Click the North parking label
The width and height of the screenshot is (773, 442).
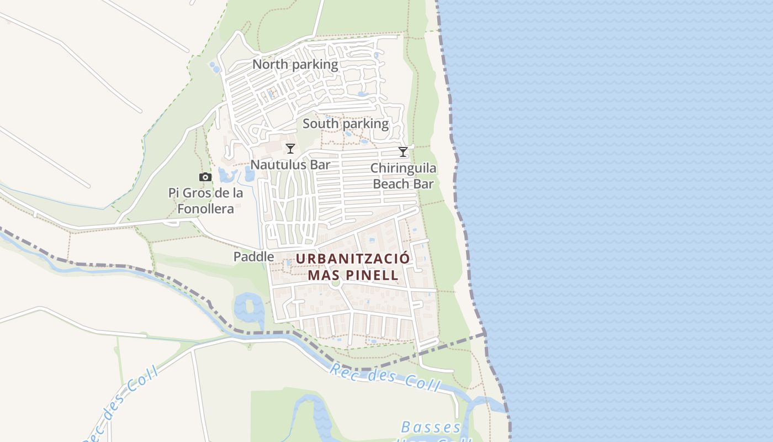(x=295, y=65)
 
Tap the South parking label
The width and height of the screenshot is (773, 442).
(x=345, y=124)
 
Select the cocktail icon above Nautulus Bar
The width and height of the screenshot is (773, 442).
(x=290, y=149)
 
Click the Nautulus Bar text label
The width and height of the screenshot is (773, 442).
(x=290, y=165)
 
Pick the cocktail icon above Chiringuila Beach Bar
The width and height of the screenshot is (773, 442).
(x=403, y=152)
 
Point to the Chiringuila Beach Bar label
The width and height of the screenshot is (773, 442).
(x=403, y=176)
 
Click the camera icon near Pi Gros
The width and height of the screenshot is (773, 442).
(x=205, y=177)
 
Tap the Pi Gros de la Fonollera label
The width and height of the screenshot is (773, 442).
(x=205, y=201)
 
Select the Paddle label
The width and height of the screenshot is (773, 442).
(x=253, y=257)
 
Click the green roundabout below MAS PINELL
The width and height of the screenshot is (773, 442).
(x=335, y=284)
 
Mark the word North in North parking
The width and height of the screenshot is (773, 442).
(x=270, y=65)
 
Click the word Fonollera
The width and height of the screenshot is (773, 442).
(x=205, y=209)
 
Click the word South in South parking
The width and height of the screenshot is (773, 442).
(x=320, y=124)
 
